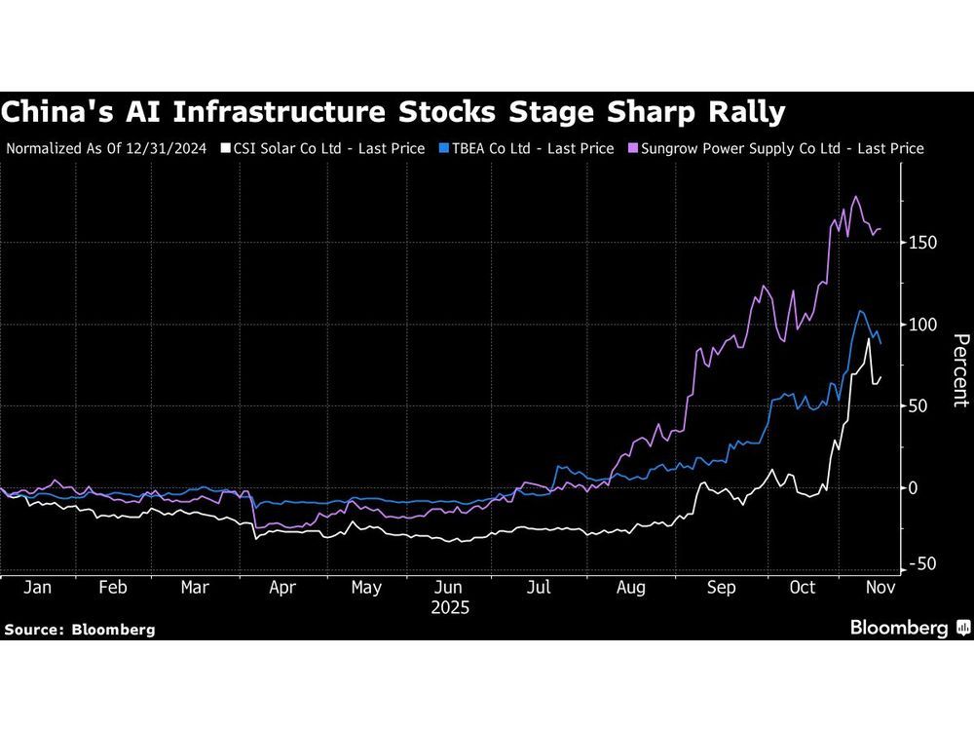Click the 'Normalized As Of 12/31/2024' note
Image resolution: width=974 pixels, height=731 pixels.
point(108,149)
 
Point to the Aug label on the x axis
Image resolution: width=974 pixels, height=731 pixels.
point(631,589)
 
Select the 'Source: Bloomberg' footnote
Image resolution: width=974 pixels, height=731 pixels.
point(80,630)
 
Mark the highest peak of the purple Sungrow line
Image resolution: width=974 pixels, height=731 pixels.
point(855,197)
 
